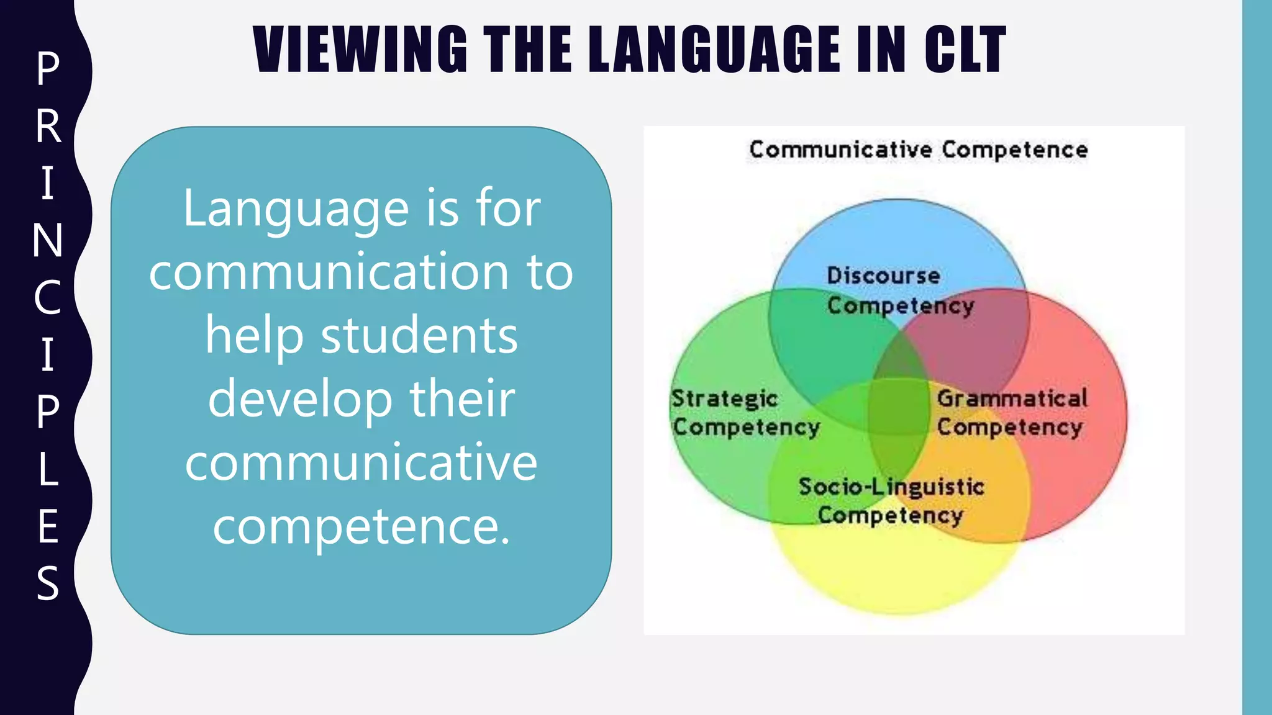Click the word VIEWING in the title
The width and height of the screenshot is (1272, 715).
pyautogui.click(x=360, y=50)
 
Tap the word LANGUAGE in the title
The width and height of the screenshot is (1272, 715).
pyautogui.click(x=715, y=50)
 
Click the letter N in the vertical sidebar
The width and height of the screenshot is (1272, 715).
pyautogui.click(x=48, y=240)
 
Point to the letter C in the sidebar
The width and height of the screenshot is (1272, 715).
pyautogui.click(x=48, y=297)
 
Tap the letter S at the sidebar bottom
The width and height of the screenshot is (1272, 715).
pyautogui.click(x=48, y=583)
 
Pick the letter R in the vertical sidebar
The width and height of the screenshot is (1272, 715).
pyautogui.click(x=48, y=126)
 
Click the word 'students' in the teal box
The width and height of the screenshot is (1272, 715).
pyautogui.click(x=419, y=336)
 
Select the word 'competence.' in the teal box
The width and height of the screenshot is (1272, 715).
pyautogui.click(x=361, y=526)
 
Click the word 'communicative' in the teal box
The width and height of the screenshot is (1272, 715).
pyautogui.click(x=361, y=462)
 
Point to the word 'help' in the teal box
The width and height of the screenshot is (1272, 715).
pyautogui.click(x=254, y=336)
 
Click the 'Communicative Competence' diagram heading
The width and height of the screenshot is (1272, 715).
pyautogui.click(x=918, y=150)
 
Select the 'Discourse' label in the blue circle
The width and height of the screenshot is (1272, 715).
pyautogui.click(x=883, y=276)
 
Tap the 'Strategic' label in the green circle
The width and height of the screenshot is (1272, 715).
pyautogui.click(x=724, y=398)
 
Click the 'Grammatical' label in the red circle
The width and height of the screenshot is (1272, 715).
pyautogui.click(x=1012, y=398)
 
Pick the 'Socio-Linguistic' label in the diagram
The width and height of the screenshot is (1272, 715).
pyautogui.click(x=891, y=487)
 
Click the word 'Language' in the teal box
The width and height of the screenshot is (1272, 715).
pyautogui.click(x=296, y=209)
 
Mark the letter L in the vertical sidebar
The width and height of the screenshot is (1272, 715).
pyautogui.click(x=48, y=469)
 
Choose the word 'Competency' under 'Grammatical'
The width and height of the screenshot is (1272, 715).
pyautogui.click(x=1010, y=427)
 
